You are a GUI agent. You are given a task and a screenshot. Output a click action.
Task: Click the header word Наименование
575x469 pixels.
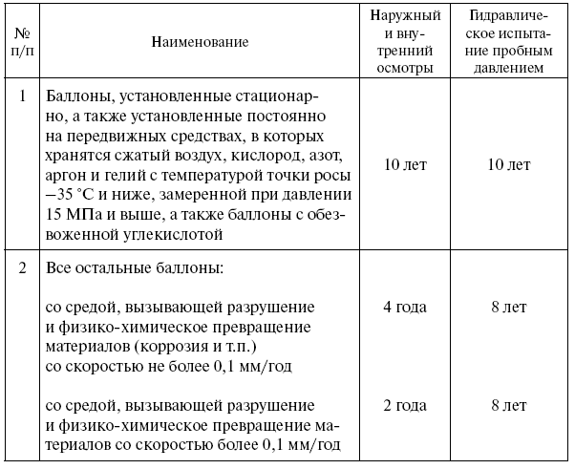[x=200, y=42]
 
